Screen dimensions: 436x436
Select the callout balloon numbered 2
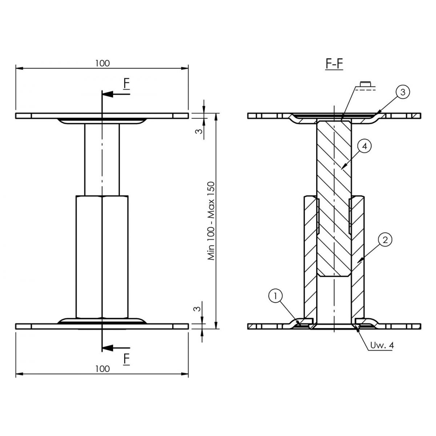(385, 240)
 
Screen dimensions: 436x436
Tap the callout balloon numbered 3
(403, 92)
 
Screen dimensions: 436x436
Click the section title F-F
(334, 64)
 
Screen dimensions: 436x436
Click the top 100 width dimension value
(102, 63)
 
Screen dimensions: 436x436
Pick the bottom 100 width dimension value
(102, 369)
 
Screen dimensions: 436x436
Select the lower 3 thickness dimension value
(198, 309)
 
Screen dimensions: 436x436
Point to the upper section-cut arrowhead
(108, 94)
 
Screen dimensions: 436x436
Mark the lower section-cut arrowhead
(108, 348)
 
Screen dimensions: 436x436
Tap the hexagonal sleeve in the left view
(102, 257)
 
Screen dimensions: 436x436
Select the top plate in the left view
(102, 116)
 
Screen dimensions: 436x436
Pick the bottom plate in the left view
(102, 326)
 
